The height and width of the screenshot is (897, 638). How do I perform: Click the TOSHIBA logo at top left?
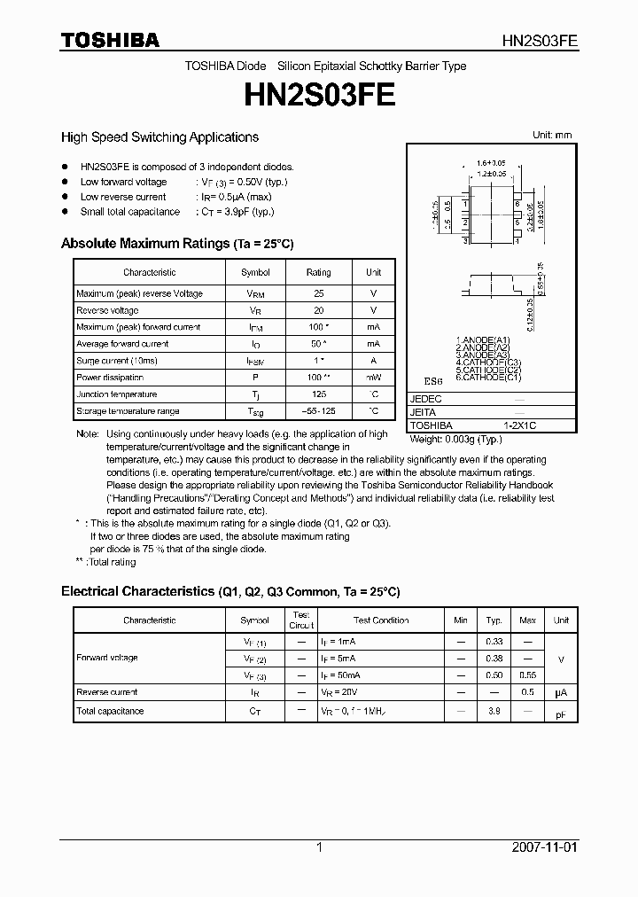pyautogui.click(x=109, y=40)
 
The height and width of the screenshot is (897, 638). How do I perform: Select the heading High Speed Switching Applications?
pyautogui.click(x=159, y=137)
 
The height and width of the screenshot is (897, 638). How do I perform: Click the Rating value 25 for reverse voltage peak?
pyautogui.click(x=318, y=293)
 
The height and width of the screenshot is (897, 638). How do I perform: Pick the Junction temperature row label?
pyautogui.click(x=117, y=394)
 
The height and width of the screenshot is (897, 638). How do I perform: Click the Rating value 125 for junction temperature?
pyautogui.click(x=318, y=394)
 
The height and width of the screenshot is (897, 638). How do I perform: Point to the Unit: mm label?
pyautogui.click(x=551, y=136)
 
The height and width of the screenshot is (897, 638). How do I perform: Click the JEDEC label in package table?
pyautogui.click(x=424, y=399)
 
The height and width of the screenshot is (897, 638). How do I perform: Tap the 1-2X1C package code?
pyautogui.click(x=520, y=425)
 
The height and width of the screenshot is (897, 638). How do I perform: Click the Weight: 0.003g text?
pyautogui.click(x=453, y=439)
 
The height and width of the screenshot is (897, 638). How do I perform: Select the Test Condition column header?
pyautogui.click(x=381, y=620)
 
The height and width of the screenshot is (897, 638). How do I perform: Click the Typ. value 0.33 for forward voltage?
pyautogui.click(x=494, y=641)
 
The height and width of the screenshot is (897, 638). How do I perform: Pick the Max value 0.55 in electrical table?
pyautogui.click(x=527, y=675)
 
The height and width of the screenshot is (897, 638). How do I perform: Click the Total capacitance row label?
pyautogui.click(x=110, y=711)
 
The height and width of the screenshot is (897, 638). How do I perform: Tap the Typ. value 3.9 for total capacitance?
pyautogui.click(x=494, y=711)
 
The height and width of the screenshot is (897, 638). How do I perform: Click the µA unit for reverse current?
pyautogui.click(x=560, y=692)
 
